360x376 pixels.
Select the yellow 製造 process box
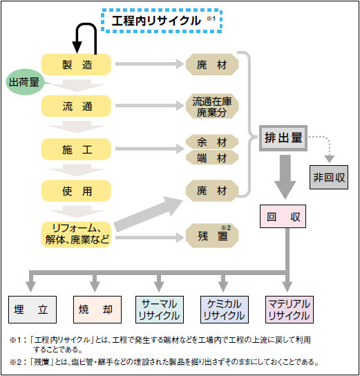coord(76,64)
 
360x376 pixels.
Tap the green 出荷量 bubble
coord(24,82)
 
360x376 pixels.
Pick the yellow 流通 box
coord(76,106)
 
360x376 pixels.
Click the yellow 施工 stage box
coord(76,149)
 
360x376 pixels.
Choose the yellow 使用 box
coord(76,191)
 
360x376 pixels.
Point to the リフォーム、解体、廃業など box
coord(76,234)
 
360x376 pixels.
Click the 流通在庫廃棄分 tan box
coord(212,106)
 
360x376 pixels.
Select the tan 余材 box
coord(212,142)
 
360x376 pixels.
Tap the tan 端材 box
coord(212,158)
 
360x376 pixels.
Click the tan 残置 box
coord(212,236)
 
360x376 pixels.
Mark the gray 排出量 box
coord(283,138)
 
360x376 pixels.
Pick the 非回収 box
coord(329,177)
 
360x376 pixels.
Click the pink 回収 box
coord(283,216)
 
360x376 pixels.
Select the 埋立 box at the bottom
coord(32,310)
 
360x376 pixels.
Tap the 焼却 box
coord(97,310)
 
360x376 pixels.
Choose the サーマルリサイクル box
coord(160,310)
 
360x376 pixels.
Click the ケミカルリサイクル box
coord(225,310)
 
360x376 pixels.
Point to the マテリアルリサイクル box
coord(290,310)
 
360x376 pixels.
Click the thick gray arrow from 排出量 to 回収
coord(285,177)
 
